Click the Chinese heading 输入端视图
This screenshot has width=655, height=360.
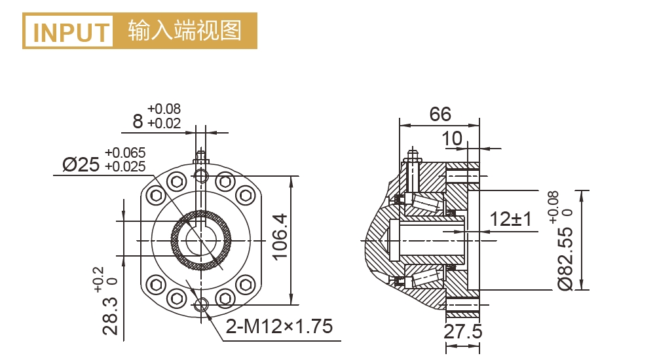[x=185, y=31]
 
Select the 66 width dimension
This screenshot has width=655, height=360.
[x=440, y=115]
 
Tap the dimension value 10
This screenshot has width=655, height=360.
[x=452, y=138]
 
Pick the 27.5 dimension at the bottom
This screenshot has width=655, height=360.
[x=462, y=331]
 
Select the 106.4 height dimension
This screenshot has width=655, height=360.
[x=280, y=236]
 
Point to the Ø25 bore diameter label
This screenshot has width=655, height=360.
[x=81, y=164]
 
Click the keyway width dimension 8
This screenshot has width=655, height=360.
[x=138, y=121]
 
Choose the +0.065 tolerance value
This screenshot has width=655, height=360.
[x=125, y=153]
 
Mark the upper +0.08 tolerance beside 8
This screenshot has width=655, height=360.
[x=164, y=109]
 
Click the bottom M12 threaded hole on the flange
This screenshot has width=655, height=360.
[x=201, y=304]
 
